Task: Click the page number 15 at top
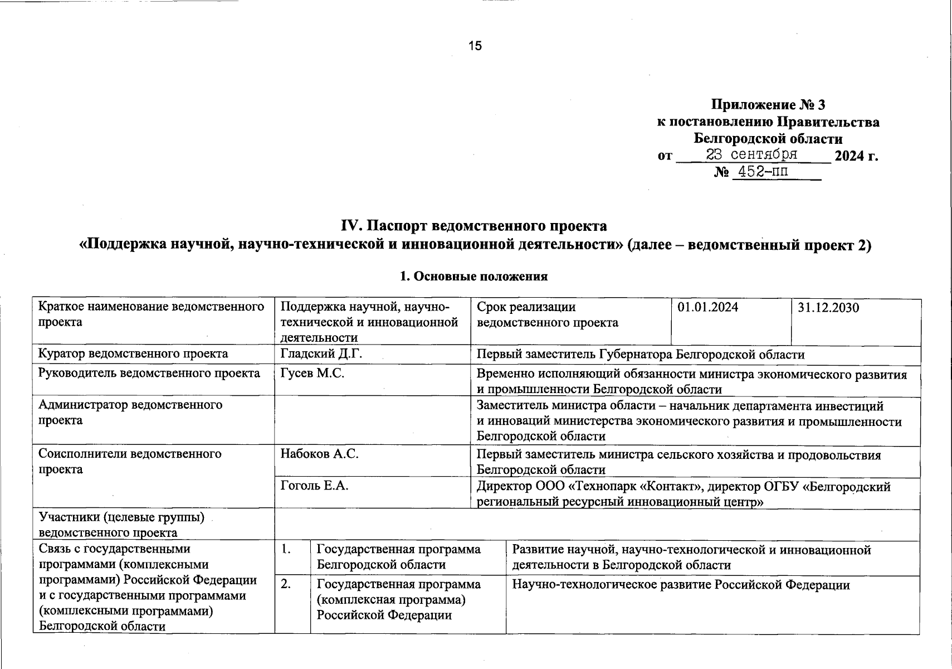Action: click(475, 46)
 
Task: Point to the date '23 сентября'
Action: click(751, 154)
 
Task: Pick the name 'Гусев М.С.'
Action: click(312, 373)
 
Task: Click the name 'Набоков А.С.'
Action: click(319, 454)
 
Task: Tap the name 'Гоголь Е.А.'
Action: click(314, 486)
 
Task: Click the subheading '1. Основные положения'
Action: click(474, 277)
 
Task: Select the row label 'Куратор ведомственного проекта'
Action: click(133, 353)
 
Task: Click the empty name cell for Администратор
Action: click(372, 421)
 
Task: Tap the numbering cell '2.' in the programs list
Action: click(292, 605)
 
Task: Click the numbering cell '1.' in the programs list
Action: click(292, 557)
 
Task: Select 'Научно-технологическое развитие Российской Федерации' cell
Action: click(681, 585)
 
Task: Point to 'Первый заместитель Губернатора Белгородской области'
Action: click(641, 354)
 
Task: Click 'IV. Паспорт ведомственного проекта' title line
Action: click(474, 226)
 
